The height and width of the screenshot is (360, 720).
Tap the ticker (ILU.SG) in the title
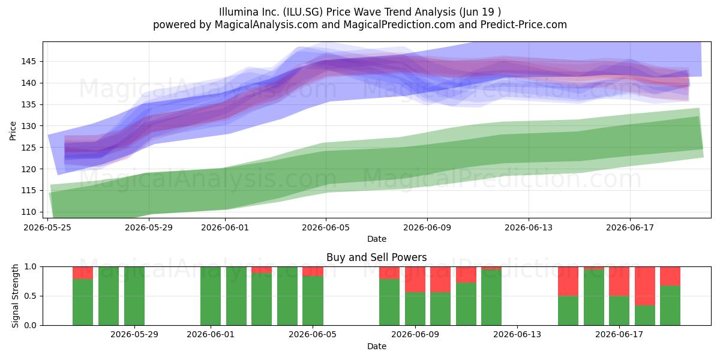coord(303,12)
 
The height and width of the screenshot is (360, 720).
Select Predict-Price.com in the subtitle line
coord(524,25)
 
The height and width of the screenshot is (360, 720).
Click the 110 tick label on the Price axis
coord(29,212)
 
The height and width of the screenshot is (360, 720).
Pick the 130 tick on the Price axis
coord(29,126)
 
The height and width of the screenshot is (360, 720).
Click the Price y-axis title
coord(13,131)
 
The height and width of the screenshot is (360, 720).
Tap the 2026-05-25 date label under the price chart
coord(47,227)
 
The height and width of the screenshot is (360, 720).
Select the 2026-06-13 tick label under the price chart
coord(529,227)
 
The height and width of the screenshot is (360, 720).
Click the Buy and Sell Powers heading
coord(376,257)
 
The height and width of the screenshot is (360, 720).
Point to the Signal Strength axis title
coord(15,296)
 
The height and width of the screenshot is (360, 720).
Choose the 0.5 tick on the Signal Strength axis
coord(31,296)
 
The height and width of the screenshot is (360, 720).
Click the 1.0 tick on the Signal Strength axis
coord(31,267)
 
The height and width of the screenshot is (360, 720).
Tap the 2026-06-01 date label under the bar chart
coord(211,334)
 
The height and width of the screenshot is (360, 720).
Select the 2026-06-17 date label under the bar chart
coord(619,334)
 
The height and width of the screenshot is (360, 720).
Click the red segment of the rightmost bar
coord(670,276)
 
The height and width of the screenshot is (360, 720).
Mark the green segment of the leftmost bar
coord(83,302)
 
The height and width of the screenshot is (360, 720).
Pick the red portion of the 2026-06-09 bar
coord(415,280)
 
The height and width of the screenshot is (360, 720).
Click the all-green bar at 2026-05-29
coord(134,296)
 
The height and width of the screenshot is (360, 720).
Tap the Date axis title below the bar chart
coord(376,346)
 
